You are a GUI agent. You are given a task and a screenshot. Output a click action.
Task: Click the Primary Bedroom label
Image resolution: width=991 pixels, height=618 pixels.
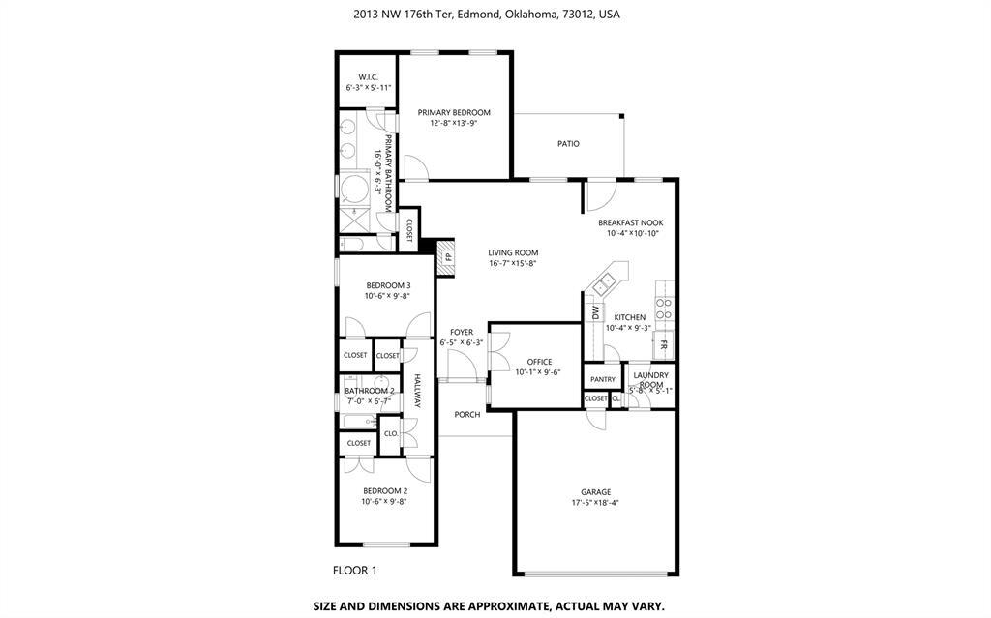[x=454, y=112]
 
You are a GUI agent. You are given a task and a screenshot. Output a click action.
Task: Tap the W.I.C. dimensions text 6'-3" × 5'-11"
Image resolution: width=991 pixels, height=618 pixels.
[x=368, y=88]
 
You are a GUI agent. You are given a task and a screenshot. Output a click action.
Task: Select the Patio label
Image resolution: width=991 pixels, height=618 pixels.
[x=568, y=144]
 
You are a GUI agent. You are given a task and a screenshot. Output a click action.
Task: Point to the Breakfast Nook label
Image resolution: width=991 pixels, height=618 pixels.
[x=630, y=222]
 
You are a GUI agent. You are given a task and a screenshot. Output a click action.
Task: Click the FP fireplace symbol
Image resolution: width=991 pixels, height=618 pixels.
[x=448, y=258]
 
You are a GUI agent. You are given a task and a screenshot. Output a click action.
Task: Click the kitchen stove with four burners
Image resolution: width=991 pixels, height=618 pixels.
[x=664, y=308]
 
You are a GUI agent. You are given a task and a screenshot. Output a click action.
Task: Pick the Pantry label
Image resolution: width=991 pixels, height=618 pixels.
[x=603, y=380]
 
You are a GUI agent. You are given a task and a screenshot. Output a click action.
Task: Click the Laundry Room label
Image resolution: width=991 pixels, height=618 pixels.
[x=649, y=379]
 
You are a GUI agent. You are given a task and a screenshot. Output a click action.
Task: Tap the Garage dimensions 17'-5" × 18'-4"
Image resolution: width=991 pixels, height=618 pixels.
[x=595, y=503]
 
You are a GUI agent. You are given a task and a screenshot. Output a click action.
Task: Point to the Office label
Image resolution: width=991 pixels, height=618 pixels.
[x=539, y=362]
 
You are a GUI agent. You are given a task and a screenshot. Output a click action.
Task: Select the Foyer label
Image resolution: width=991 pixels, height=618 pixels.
[x=462, y=332]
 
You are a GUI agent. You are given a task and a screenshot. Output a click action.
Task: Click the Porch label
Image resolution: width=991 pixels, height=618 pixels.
[x=467, y=415]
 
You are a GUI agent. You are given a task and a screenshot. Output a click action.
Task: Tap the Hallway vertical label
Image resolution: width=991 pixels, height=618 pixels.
[x=418, y=391]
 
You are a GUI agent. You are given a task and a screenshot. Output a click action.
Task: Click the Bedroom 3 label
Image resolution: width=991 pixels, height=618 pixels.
[x=388, y=285]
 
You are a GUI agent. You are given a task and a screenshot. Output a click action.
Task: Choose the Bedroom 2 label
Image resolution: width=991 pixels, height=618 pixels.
[x=384, y=491]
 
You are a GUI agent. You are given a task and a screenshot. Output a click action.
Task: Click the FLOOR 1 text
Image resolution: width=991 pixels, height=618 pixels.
[x=355, y=571]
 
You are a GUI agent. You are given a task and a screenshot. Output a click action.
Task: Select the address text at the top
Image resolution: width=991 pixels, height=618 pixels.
[x=487, y=15]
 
